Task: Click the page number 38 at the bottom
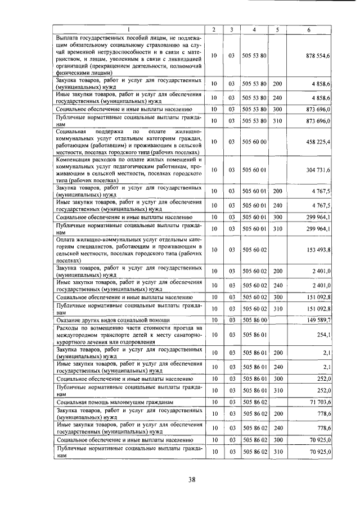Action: click(192, 479)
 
